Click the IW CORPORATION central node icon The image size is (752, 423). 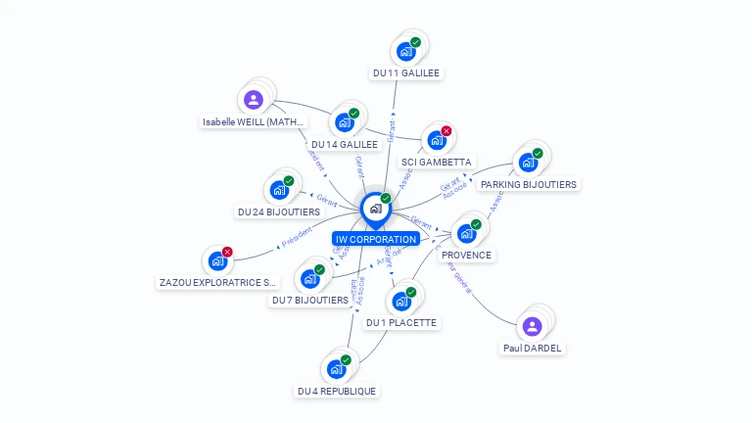[x=375, y=209]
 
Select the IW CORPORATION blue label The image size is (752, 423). [x=375, y=239]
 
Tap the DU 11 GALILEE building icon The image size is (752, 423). [x=405, y=52]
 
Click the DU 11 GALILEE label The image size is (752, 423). [x=406, y=72]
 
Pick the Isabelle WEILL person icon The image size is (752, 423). [x=254, y=100]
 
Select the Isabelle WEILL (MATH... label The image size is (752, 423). [x=254, y=122]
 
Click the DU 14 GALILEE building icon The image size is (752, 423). [x=344, y=122]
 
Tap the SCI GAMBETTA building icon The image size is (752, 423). [x=436, y=140]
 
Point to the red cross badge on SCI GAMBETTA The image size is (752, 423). [x=446, y=131]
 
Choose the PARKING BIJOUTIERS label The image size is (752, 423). [x=529, y=184]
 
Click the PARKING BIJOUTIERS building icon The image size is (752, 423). [x=528, y=163]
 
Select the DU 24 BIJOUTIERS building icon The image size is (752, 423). [x=278, y=190]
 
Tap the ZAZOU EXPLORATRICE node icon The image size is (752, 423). [x=216, y=261]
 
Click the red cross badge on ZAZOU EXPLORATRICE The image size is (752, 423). [x=227, y=252]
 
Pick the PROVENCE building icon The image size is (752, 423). [x=466, y=233]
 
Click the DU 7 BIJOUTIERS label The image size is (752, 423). [x=309, y=301]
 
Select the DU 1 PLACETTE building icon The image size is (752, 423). [x=400, y=302]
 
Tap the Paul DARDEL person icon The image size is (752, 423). [x=532, y=326]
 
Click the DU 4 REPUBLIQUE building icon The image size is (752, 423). [x=336, y=369]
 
